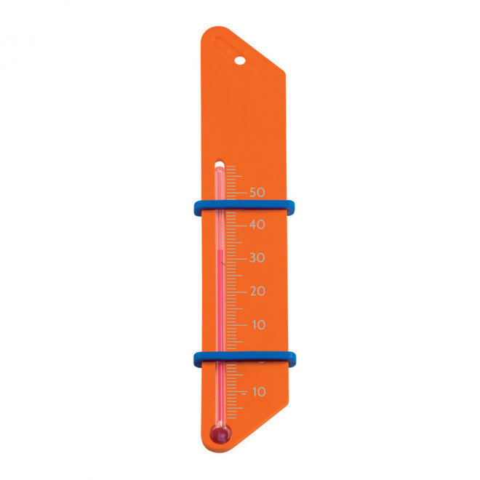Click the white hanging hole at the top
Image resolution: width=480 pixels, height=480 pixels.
click(240, 61)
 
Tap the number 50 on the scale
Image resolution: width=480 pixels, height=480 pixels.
click(257, 192)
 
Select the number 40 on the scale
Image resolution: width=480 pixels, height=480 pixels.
click(257, 225)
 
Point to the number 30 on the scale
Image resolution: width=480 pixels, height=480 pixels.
click(257, 258)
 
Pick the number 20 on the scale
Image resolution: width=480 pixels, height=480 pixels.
click(257, 291)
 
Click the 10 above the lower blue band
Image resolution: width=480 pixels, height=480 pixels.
click(258, 324)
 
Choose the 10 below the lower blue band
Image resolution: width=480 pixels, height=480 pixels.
click(258, 391)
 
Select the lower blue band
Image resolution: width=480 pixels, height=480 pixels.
click(244, 357)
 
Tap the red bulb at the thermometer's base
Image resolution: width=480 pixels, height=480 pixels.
click(219, 434)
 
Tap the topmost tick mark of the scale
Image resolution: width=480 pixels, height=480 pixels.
click(231, 167)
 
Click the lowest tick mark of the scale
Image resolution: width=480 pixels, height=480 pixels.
click(231, 417)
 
